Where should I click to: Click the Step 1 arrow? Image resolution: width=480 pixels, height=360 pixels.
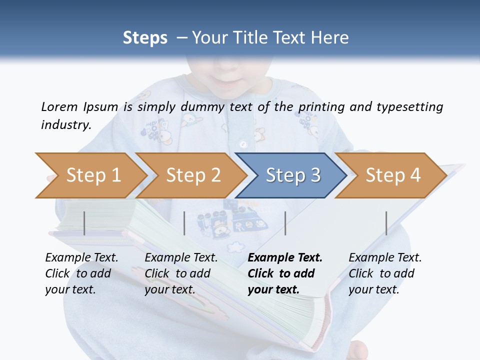click(x=92, y=175)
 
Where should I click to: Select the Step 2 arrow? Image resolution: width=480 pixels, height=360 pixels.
click(x=192, y=175)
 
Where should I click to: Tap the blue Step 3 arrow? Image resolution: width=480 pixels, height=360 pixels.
click(x=292, y=175)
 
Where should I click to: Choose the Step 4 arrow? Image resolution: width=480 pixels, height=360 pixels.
click(x=392, y=175)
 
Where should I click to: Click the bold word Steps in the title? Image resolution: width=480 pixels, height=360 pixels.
click(x=145, y=38)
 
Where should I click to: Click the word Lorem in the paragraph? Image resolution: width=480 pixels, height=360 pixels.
click(x=59, y=106)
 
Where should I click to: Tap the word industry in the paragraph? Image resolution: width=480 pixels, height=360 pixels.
click(x=66, y=124)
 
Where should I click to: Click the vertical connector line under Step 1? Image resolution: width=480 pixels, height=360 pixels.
click(x=84, y=223)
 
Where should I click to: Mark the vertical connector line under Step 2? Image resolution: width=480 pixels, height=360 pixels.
click(x=184, y=223)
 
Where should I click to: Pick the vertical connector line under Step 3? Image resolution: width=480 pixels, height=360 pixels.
click(x=285, y=223)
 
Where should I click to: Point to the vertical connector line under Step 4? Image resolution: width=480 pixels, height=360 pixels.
click(x=386, y=223)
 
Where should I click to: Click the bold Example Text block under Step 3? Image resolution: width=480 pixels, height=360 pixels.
click(x=284, y=273)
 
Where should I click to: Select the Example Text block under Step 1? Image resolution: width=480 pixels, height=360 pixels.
click(x=81, y=273)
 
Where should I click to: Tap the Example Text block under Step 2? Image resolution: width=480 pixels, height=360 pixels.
click(x=181, y=273)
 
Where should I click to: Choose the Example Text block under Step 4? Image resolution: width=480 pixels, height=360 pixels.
click(x=384, y=273)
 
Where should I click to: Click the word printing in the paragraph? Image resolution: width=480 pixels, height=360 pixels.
click(x=321, y=106)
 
